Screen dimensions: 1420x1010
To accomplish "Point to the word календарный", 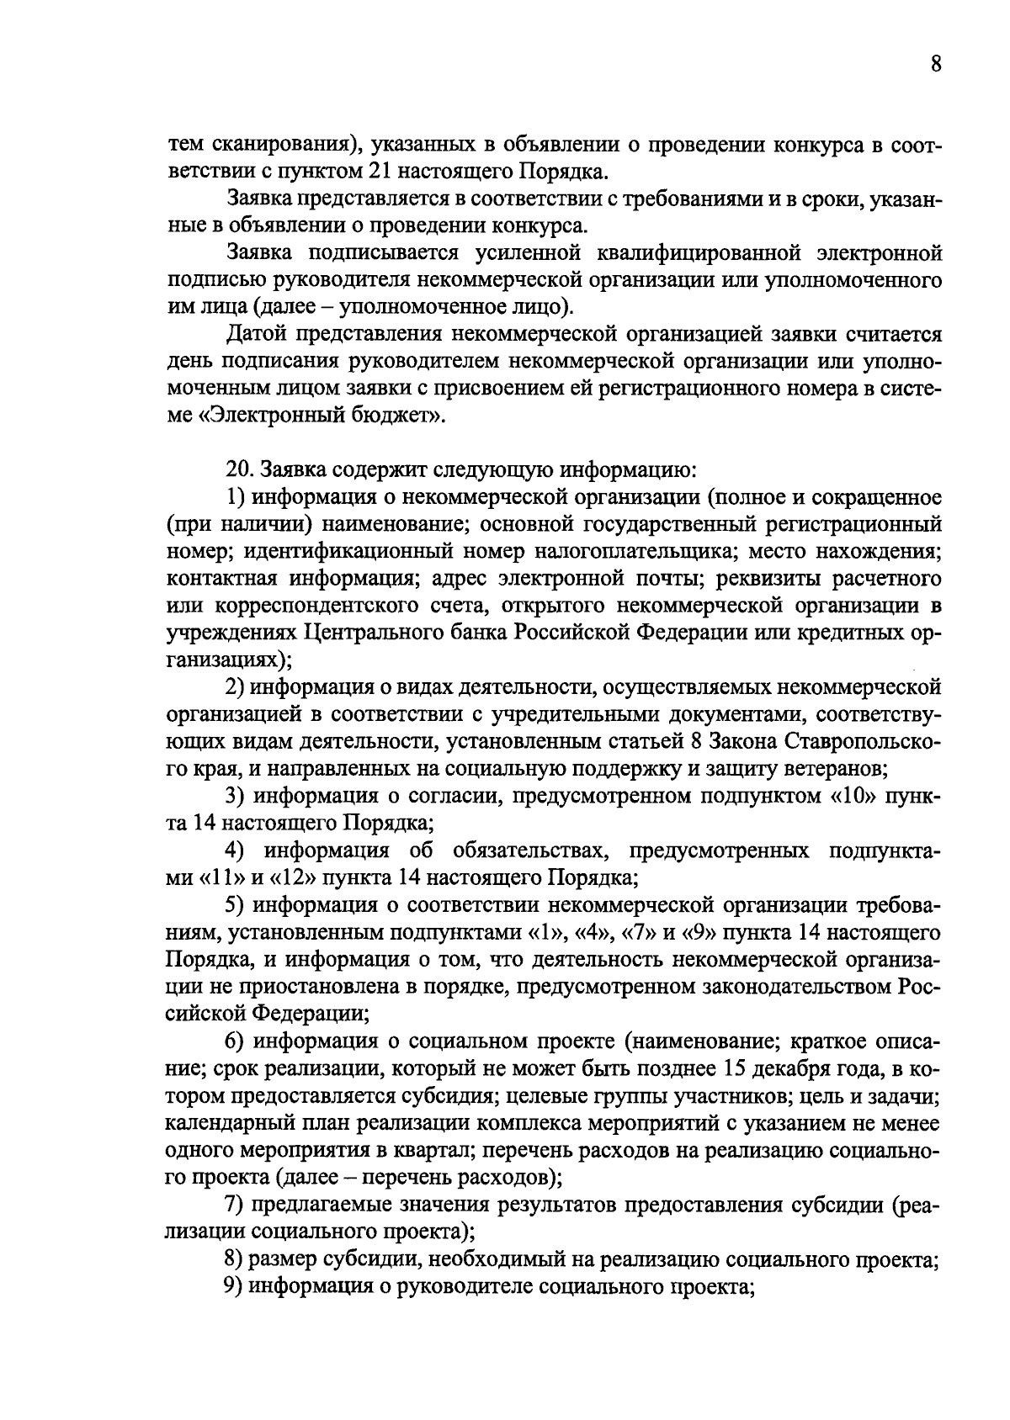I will [x=220, y=1123].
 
